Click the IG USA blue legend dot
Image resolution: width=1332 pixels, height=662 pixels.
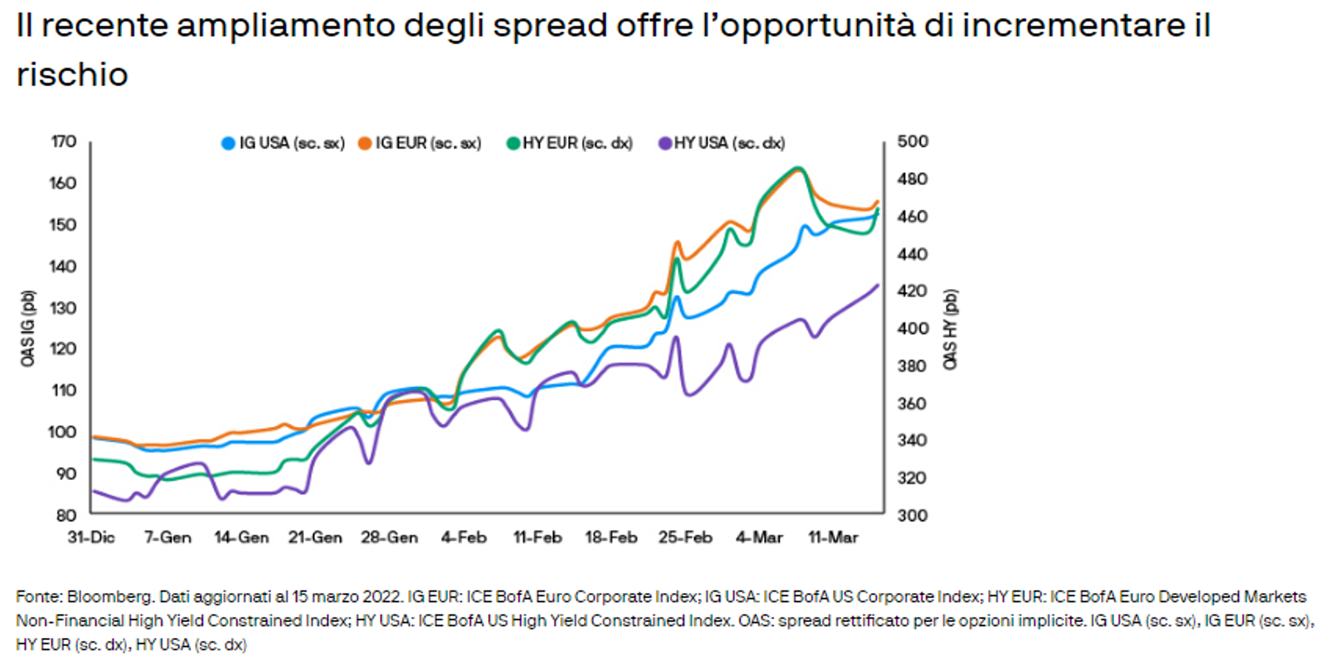(228, 143)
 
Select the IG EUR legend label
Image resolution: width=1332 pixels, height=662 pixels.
(428, 143)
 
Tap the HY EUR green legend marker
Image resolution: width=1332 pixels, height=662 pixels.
(513, 143)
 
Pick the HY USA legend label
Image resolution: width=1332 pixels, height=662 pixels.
(729, 143)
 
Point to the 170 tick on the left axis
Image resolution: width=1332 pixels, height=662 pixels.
(63, 141)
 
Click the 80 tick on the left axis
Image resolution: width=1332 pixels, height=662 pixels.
(66, 515)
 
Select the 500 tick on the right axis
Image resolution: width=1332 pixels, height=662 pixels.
(912, 141)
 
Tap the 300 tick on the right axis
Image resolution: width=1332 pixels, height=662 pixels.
(912, 515)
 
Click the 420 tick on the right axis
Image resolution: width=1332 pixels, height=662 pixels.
(912, 291)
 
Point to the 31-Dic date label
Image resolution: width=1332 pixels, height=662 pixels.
(91, 537)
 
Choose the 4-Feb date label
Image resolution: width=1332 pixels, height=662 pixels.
(464, 537)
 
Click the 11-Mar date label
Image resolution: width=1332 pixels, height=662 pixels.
(833, 537)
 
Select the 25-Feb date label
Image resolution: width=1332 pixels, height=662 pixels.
(685, 537)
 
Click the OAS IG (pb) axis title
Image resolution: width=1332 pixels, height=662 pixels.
(28, 328)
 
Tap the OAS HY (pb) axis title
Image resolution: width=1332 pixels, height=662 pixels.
(950, 330)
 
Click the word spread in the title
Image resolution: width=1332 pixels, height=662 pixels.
(550, 26)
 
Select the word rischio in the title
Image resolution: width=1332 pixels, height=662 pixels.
(72, 74)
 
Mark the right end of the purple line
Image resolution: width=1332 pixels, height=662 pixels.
(878, 285)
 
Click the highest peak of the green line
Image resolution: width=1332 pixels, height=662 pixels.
(798, 168)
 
